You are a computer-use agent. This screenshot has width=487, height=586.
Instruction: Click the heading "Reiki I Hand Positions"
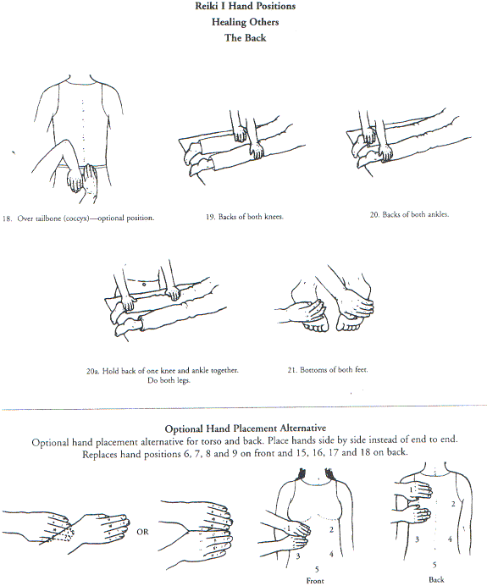point(245,7)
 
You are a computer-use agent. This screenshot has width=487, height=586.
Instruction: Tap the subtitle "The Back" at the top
point(245,38)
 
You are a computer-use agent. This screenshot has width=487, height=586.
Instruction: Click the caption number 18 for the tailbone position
point(7,218)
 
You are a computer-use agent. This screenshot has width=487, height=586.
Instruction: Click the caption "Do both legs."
point(169,380)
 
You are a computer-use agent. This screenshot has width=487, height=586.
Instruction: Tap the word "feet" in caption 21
point(361,369)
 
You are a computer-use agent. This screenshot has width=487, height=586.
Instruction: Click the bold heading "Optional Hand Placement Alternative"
point(245,428)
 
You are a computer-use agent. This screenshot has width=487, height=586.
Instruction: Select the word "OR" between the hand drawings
point(142,532)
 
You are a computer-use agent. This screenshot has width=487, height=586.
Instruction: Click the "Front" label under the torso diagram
point(315,580)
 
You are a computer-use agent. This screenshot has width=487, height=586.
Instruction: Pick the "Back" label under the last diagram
point(436,579)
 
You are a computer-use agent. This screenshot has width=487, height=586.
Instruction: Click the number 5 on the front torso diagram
point(317,569)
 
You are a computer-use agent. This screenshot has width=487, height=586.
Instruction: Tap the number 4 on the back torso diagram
point(450,539)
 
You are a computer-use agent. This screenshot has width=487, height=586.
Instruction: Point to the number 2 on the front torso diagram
point(331,529)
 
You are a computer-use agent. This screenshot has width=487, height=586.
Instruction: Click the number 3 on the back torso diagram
point(417,539)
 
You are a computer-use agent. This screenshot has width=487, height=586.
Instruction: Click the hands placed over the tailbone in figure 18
point(81,179)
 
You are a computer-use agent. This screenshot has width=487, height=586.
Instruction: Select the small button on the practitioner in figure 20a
point(144,285)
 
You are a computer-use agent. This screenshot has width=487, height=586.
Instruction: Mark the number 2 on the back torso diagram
point(453,504)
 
